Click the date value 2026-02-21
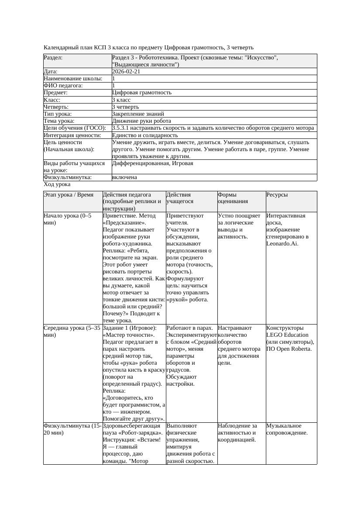coord(126,72)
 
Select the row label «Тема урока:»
coord(59,121)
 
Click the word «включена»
coord(124,178)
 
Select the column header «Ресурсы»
coord(277,195)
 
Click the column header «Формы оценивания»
coord(233,198)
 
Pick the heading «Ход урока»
coord(57,185)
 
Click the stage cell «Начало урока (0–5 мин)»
coord(65,219)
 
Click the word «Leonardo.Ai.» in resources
coord(282,244)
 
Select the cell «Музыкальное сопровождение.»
coord(287,429)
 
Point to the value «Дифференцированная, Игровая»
coord(152,163)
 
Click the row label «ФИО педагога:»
coord(63,86)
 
